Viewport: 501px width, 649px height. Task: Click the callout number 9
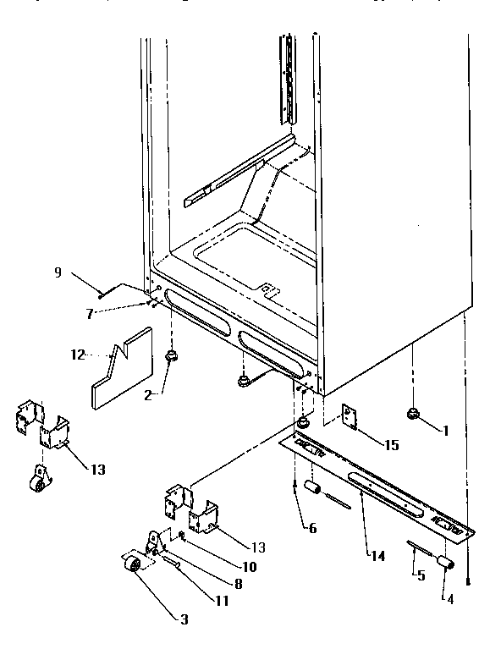click(58, 272)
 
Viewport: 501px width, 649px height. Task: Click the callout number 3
click(184, 619)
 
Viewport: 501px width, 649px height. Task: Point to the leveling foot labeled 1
click(412, 414)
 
